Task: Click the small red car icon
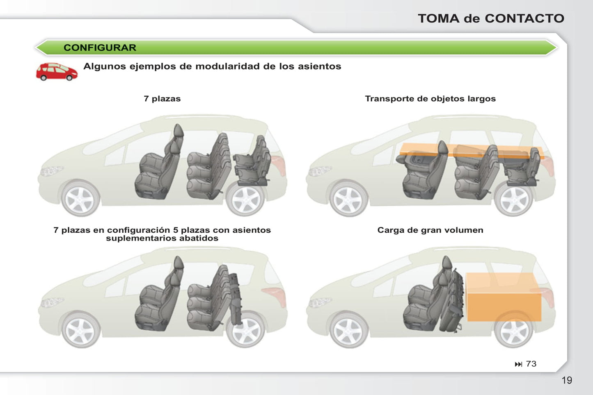click(57, 72)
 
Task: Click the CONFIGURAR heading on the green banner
click(100, 48)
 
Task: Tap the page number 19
click(567, 381)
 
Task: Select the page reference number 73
click(531, 364)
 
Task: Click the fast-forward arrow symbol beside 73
click(518, 364)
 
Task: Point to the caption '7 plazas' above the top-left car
click(162, 99)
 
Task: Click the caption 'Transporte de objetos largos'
click(430, 99)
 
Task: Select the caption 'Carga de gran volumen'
click(430, 230)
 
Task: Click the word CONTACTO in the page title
click(524, 18)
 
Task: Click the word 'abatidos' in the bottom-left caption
click(199, 238)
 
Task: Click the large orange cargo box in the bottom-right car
click(504, 297)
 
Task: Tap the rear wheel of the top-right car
click(513, 199)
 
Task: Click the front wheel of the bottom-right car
click(348, 330)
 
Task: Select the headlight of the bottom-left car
click(51, 302)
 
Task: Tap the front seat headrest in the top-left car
click(179, 131)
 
